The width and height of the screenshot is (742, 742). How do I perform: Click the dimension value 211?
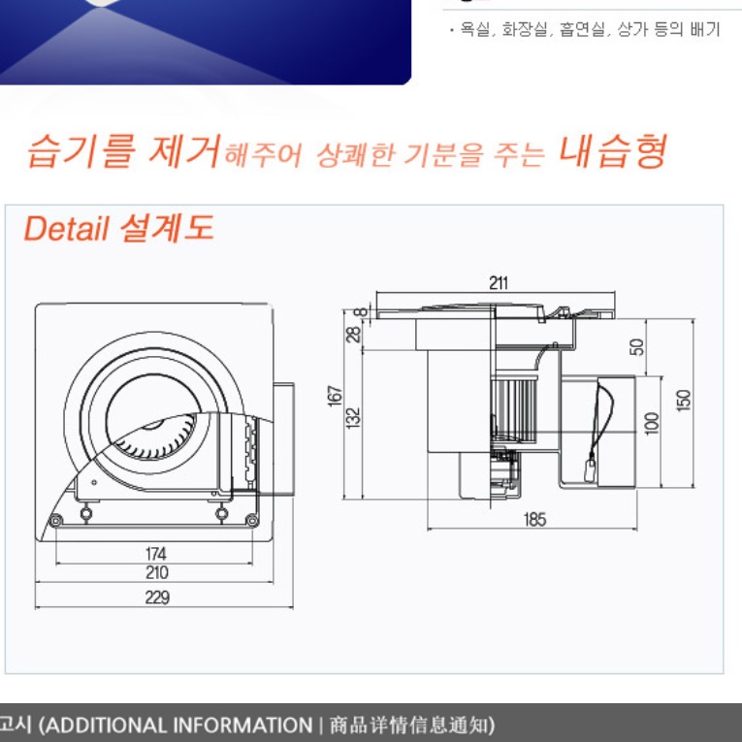[499, 283]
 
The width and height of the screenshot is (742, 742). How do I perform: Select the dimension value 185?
[534, 519]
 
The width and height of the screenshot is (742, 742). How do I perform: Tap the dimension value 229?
[157, 597]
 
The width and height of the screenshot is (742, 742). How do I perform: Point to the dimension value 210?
[156, 573]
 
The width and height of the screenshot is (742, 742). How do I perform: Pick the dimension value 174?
[155, 554]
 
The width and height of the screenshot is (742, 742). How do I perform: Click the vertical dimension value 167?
[336, 397]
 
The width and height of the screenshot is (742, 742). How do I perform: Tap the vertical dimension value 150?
[684, 400]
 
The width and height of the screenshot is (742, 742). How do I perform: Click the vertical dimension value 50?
[637, 346]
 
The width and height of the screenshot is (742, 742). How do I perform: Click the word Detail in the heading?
[67, 229]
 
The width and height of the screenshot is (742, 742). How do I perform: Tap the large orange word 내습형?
[612, 151]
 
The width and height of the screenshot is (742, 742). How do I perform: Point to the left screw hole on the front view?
[55, 521]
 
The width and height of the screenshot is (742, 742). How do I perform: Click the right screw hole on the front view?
[255, 521]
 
